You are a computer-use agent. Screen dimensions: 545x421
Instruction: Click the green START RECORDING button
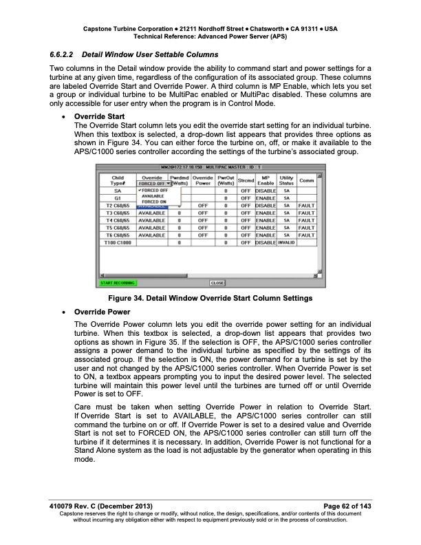[118, 301]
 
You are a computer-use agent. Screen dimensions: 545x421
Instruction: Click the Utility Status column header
[286, 181]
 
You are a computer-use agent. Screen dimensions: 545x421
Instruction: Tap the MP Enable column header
[266, 181]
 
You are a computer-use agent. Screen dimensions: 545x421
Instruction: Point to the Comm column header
[307, 181]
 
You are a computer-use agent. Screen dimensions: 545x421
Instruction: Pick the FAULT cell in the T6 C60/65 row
[307, 235]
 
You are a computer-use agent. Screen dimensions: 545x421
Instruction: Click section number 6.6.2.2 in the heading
[63, 54]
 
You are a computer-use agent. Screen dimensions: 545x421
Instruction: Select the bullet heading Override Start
[99, 116]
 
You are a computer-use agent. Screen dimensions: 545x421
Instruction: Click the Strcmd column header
[246, 181]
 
